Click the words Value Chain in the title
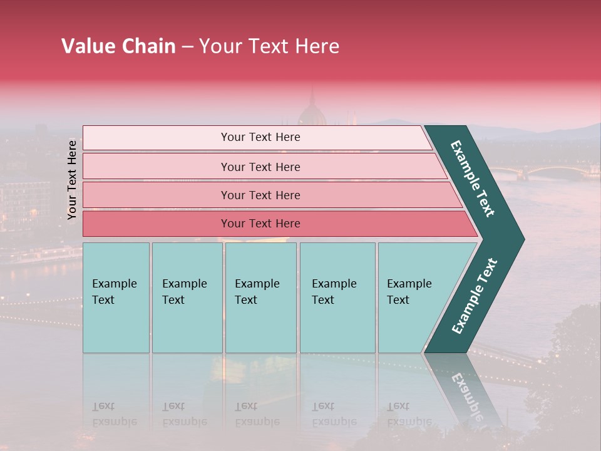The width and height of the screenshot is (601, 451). point(118,46)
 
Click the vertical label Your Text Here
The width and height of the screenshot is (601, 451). point(72,180)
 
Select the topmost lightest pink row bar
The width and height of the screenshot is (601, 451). point(260,137)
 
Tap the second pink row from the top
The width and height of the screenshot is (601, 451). point(260,167)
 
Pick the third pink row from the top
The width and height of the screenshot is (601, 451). point(260,195)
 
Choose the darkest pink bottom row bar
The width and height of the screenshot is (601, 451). point(260,224)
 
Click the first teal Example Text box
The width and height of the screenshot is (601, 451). point(116,298)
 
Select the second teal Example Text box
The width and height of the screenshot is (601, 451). point(187,298)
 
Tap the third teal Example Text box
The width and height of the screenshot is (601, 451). point(260,298)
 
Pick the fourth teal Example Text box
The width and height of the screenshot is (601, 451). point(337,298)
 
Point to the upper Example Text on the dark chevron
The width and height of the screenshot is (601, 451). point(473,179)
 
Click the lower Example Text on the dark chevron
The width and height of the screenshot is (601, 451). point(475,296)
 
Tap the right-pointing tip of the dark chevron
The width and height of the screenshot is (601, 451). point(520,239)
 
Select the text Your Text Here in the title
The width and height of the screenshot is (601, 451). point(269,46)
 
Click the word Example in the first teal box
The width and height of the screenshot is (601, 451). point(114,284)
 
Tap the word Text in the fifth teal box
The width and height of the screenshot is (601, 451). point(398,300)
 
